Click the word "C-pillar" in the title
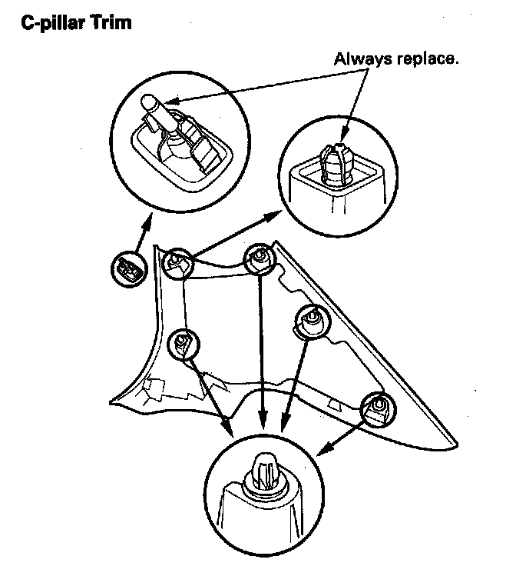tap(52, 22)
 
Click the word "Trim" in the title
tap(111, 22)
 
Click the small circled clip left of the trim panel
tap(126, 268)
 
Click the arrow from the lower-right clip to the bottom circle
tap(342, 434)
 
